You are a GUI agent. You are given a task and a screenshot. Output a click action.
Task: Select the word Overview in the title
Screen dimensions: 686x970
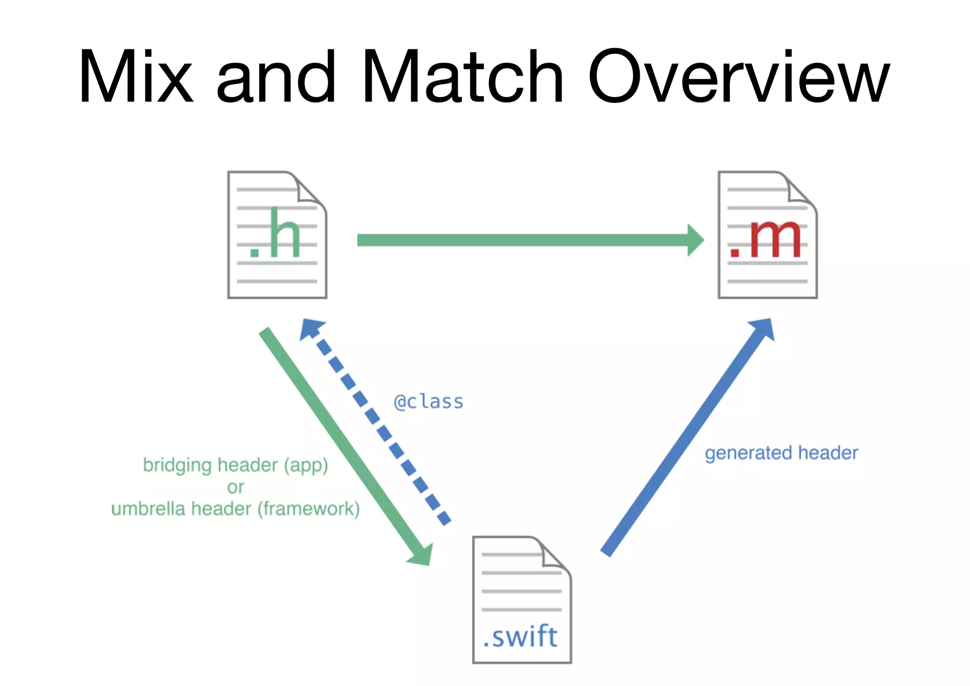739,77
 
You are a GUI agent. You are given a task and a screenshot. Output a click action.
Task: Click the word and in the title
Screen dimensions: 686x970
276,77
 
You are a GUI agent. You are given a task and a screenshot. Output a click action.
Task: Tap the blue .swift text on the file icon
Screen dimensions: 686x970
520,636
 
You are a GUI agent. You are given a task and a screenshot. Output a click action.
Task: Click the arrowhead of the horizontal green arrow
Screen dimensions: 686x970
695,240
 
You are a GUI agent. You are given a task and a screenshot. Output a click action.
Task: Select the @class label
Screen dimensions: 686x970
429,402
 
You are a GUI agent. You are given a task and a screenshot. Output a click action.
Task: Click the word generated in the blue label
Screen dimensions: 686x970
748,453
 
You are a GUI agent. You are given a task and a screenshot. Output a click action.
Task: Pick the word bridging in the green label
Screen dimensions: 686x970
177,465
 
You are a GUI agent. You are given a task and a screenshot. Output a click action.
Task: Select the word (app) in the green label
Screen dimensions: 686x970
306,465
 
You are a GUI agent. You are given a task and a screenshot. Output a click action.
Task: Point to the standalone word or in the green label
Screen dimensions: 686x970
235,487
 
